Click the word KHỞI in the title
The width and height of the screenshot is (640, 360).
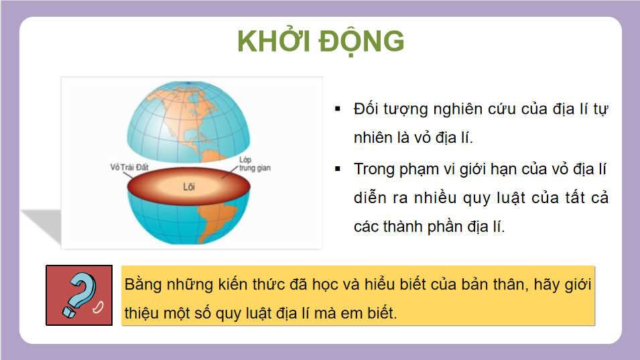(272, 42)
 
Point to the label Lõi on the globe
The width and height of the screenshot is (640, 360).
(188, 187)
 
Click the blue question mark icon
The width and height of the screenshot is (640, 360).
(79, 295)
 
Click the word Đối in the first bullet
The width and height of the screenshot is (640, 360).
(367, 109)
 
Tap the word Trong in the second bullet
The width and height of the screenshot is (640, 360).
(375, 168)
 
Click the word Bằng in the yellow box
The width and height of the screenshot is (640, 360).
(143, 284)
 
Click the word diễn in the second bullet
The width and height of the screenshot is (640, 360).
(369, 198)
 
